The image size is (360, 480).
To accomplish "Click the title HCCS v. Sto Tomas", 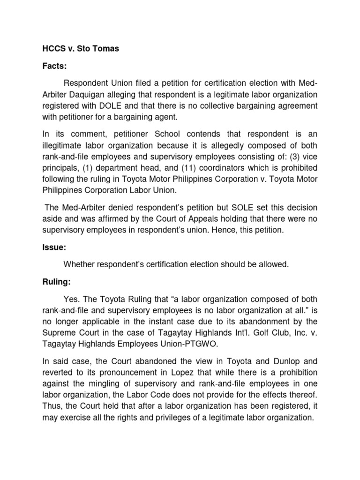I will [x=79, y=49].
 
